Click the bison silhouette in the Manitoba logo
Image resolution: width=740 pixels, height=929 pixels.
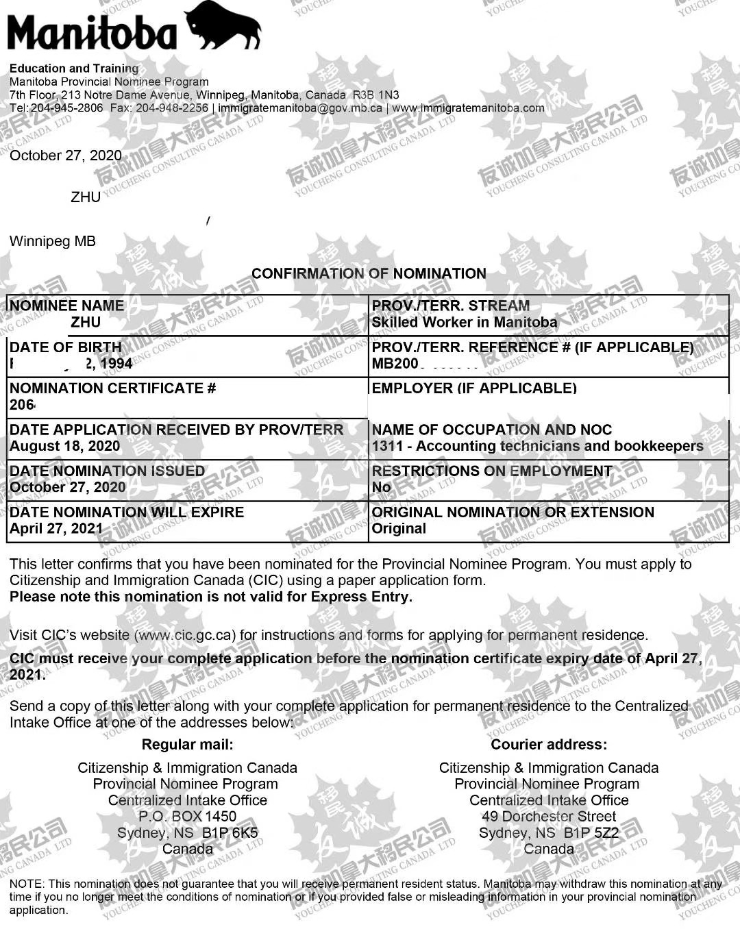coord(223,26)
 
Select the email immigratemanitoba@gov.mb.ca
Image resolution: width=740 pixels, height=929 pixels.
coord(300,108)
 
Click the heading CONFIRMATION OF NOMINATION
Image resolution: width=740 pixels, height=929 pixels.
coord(369,273)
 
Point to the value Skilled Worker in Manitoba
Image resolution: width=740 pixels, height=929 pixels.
coord(464,323)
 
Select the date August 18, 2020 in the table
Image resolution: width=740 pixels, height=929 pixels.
coord(64,446)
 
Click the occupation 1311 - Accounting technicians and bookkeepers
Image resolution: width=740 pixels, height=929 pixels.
coord(537,446)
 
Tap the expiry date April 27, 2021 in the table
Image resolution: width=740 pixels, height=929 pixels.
coord(56,528)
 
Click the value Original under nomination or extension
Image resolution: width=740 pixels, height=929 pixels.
coord(399,528)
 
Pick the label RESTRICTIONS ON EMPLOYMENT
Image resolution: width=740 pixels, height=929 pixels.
coord(492,471)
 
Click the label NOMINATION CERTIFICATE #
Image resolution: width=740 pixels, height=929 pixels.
coord(112,388)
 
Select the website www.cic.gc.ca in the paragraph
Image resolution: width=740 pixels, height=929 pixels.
coord(185,635)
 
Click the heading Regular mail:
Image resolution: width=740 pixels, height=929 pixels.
coord(187,745)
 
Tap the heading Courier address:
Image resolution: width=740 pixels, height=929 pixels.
coord(549,745)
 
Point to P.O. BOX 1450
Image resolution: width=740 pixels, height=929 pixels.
coord(187,817)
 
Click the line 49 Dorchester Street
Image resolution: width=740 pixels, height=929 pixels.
coord(549,817)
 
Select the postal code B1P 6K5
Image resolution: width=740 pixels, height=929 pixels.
coord(230,833)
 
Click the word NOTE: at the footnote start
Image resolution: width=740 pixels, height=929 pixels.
coord(27,884)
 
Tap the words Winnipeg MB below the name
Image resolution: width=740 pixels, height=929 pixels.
coord(53,241)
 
